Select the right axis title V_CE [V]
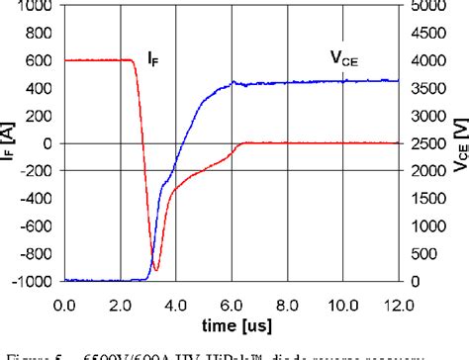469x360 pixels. (x=455, y=144)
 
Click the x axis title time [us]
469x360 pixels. (x=231, y=323)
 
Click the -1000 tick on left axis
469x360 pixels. (x=33, y=282)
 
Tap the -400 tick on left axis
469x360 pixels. (x=37, y=199)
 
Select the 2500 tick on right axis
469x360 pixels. (x=427, y=144)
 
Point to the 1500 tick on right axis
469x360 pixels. (x=427, y=199)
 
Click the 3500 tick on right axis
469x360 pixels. (x=427, y=89)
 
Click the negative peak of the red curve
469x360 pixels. (x=155, y=270)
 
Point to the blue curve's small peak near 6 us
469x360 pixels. (x=234, y=82)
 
